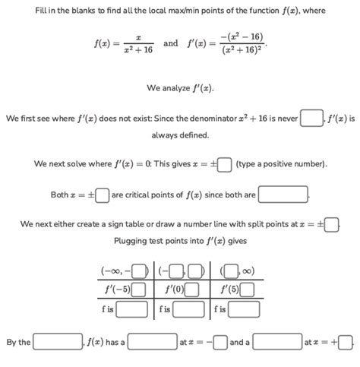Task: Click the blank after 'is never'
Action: pos(311,119)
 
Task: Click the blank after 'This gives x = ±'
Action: pos(225,164)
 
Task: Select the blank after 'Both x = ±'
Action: pos(103,195)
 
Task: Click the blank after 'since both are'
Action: pos(283,195)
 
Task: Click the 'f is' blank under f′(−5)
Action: pos(132,308)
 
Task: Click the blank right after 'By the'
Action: pos(57,342)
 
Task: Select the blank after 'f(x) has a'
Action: pos(152,342)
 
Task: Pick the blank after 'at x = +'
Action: pos(346,342)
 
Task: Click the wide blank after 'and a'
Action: pos(276,342)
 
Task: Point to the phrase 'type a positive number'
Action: pos(282,164)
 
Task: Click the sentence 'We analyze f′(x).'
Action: pos(180,88)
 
